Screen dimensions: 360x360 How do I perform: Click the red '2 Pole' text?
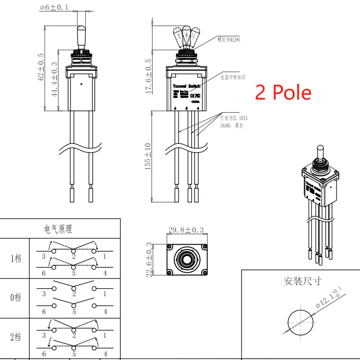[283, 92]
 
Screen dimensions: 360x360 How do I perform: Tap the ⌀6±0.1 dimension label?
[54, 7]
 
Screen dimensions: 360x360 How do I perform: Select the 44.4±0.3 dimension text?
[54, 79]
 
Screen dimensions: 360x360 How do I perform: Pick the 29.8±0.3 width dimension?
[185, 230]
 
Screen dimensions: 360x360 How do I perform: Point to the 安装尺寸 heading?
[303, 281]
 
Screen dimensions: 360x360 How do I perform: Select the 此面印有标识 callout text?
[232, 77]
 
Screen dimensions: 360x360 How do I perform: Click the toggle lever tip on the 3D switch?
[320, 148]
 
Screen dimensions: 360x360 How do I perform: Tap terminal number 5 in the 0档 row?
[74, 311]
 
